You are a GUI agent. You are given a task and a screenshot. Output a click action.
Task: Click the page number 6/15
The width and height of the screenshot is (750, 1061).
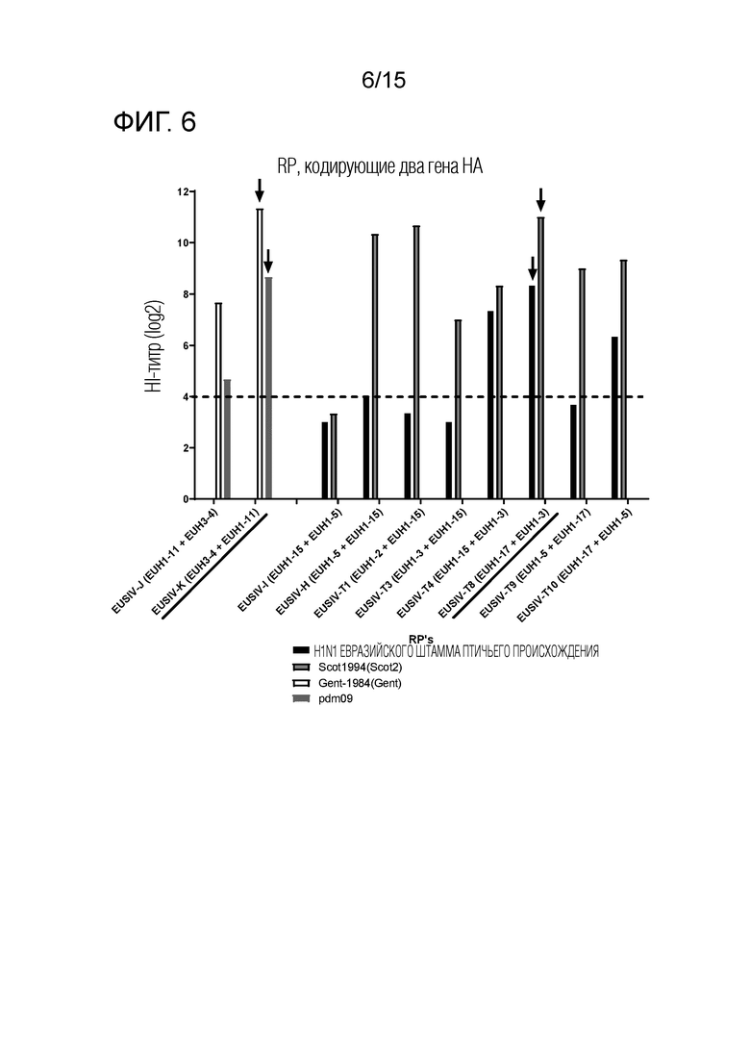(384, 81)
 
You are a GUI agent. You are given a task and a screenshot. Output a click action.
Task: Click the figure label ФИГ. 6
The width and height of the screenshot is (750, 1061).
(155, 122)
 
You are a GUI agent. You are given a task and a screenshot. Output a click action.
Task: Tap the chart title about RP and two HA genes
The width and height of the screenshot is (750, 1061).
(380, 166)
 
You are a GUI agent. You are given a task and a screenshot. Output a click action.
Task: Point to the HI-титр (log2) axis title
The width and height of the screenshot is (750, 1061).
(155, 346)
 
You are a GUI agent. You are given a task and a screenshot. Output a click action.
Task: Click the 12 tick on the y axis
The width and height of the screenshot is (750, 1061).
(184, 192)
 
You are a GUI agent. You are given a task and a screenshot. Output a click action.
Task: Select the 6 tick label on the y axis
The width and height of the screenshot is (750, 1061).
(186, 345)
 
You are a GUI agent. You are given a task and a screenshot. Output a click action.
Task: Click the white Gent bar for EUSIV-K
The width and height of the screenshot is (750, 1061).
(260, 354)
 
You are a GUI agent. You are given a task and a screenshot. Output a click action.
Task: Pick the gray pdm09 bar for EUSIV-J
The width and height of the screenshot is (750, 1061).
(227, 440)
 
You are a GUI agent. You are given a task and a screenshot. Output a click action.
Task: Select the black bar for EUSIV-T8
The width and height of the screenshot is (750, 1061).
(533, 392)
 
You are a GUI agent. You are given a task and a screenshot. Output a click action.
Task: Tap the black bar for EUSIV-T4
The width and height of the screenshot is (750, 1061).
(490, 405)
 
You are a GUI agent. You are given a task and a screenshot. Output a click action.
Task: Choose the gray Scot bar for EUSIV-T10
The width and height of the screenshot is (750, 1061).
(623, 380)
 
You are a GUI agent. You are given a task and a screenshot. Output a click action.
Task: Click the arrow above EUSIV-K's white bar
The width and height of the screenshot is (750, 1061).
(259, 190)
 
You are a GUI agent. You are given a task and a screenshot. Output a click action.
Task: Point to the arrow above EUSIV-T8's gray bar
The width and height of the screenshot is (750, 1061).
(540, 199)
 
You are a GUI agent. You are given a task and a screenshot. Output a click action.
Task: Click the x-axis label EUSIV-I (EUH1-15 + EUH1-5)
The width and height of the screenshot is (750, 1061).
(290, 560)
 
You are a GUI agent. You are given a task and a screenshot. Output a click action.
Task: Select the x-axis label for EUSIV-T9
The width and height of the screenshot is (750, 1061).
(536, 563)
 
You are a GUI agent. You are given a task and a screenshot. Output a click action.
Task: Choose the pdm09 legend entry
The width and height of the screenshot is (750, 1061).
(322, 699)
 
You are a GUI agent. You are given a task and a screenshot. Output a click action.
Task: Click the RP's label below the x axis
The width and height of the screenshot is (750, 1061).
(420, 639)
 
